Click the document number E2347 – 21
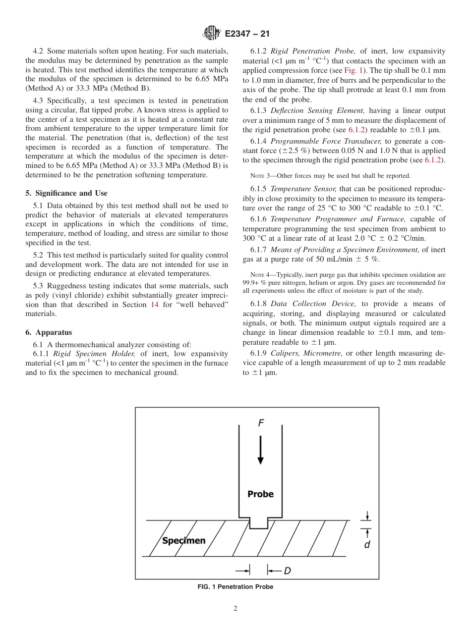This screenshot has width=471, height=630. pos(247,34)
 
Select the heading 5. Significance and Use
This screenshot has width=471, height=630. pos(66,193)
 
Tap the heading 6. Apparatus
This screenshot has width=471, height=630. pos(49,332)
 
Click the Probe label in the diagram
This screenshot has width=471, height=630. pos(260,494)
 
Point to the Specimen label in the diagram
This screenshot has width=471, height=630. pos(183,540)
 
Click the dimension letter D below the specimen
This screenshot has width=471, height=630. pos(287,571)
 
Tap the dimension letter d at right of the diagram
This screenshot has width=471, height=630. pos(367,544)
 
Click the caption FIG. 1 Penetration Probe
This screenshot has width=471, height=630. pos(235,587)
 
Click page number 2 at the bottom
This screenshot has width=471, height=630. pos(235,609)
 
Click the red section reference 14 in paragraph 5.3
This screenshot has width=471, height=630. pos(154,305)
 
